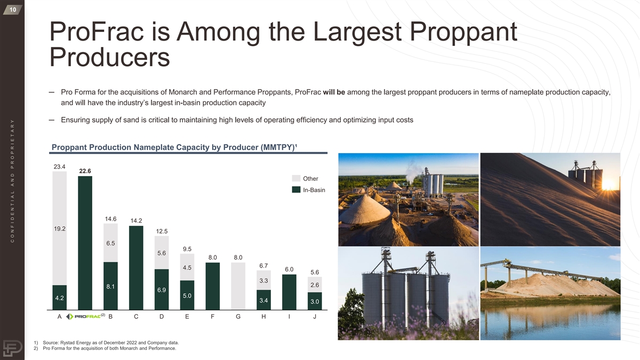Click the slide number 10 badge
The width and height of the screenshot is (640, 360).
click(13, 10)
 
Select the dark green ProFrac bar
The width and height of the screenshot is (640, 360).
click(85, 243)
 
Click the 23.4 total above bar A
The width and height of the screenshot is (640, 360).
click(59, 166)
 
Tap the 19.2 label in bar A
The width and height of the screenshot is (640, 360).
click(60, 229)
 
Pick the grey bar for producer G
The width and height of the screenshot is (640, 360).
click(238, 286)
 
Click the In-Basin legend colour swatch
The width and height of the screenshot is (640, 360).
click(296, 190)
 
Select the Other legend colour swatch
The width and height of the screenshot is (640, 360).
click(296, 178)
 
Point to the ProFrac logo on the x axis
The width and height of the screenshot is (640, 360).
click(85, 316)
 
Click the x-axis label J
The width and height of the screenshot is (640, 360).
click(315, 317)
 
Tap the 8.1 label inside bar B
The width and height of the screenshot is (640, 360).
click(110, 286)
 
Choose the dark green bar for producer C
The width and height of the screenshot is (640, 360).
click(137, 268)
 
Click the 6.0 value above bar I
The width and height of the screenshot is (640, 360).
click(289, 269)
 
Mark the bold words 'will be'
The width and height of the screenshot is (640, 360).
click(334, 92)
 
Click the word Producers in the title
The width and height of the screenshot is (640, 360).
click(110, 57)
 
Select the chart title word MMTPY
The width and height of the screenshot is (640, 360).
click(277, 147)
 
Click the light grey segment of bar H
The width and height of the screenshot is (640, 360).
click(263, 281)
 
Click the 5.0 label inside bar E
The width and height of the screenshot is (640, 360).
click(187, 295)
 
